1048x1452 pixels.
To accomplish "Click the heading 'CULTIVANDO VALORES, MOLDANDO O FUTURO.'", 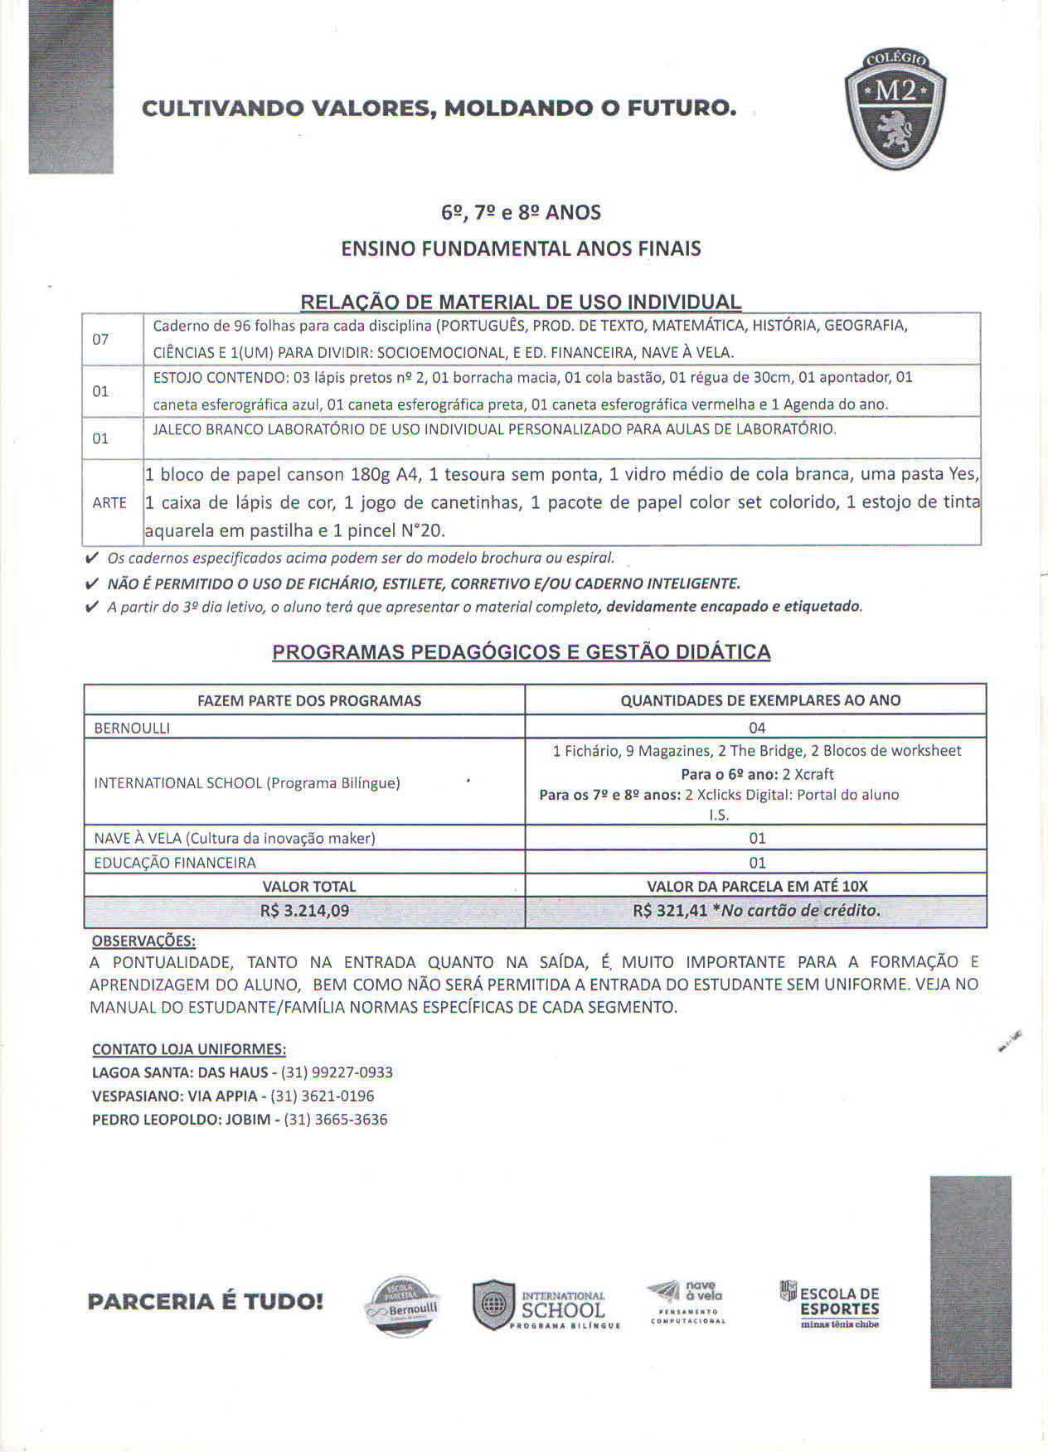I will pyautogui.click(x=439, y=109).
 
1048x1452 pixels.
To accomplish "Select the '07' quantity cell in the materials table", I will pyautogui.click(x=100, y=339).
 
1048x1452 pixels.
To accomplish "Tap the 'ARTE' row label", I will pyautogui.click(x=109, y=503).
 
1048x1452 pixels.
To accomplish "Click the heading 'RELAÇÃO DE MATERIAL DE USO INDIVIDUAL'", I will pyautogui.click(x=521, y=302).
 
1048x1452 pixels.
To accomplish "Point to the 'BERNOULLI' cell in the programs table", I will pyautogui.click(x=132, y=728).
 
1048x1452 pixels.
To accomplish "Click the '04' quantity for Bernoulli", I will pyautogui.click(x=757, y=728).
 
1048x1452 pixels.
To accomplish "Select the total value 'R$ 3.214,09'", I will pyautogui.click(x=304, y=911).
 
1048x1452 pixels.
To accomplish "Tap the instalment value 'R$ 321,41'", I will pyautogui.click(x=670, y=911).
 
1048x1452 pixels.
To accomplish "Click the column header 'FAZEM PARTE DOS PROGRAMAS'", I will pyautogui.click(x=309, y=701).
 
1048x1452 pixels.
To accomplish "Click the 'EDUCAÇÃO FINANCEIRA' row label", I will pyautogui.click(x=175, y=863).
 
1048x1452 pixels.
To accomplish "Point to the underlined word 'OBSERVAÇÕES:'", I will pyautogui.click(x=143, y=941).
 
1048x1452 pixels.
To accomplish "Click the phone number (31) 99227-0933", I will pyautogui.click(x=337, y=1072).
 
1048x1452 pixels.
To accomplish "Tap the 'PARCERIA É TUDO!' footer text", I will pyautogui.click(x=205, y=1302).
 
